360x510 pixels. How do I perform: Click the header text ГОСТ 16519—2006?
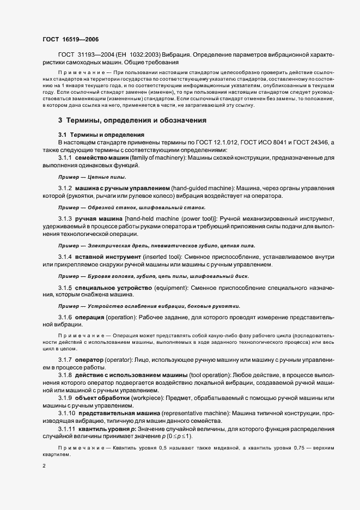(x=70, y=39)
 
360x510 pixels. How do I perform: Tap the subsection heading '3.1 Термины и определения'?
(x=101, y=135)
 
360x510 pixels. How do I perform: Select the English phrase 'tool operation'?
(x=210, y=376)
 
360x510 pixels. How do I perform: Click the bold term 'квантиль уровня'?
(x=105, y=429)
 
